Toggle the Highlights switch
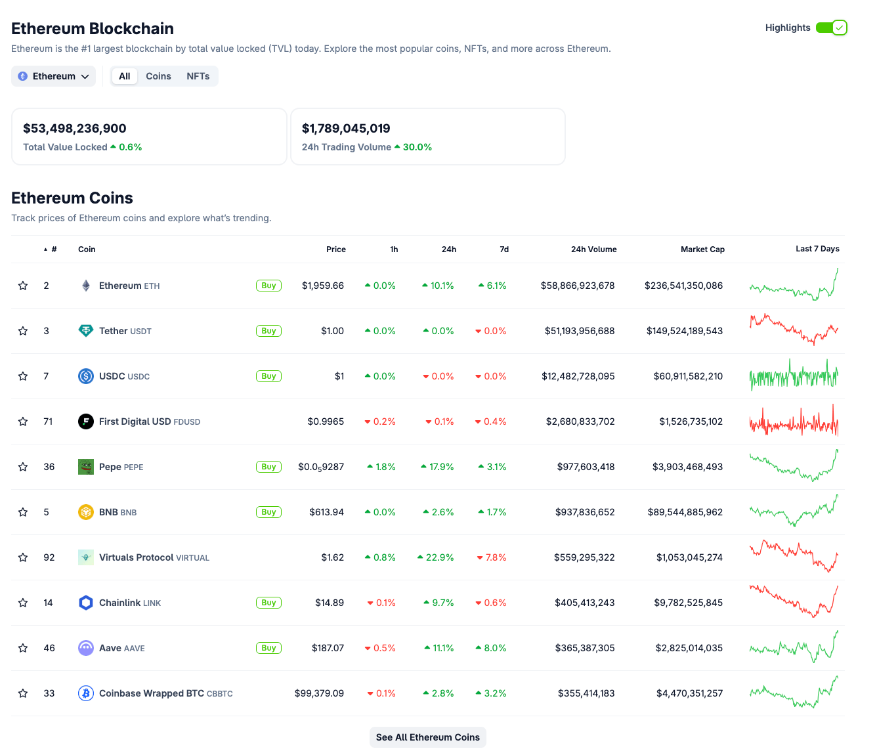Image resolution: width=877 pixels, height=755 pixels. tap(831, 28)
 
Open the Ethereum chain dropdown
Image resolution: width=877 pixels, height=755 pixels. tap(53, 76)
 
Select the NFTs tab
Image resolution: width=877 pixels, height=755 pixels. tap(198, 76)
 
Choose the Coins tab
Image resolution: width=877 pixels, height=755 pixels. tap(158, 76)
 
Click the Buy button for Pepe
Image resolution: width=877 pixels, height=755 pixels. tap(268, 467)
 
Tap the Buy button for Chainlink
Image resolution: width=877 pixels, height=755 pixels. tap(268, 603)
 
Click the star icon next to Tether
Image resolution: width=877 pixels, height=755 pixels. tap(23, 331)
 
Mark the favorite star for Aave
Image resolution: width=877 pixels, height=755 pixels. tap(23, 648)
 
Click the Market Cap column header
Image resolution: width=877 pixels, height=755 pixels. tap(702, 249)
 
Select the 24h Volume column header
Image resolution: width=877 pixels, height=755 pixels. tap(593, 249)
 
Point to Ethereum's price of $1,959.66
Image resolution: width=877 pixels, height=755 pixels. tap(322, 286)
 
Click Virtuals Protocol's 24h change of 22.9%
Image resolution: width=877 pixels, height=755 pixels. tap(439, 557)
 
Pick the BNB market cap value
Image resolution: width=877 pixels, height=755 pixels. tap(685, 512)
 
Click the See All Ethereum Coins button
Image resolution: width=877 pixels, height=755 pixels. tap(427, 737)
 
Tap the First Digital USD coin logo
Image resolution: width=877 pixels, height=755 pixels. tap(86, 421)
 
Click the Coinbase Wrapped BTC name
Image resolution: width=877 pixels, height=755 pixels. tap(152, 693)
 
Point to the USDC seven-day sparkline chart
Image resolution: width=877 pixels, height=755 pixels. tap(794, 376)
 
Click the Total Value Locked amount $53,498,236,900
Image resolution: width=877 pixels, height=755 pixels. tap(75, 129)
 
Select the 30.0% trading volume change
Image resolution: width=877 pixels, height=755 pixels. tap(417, 147)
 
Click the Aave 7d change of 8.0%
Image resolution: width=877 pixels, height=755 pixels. tap(495, 648)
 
